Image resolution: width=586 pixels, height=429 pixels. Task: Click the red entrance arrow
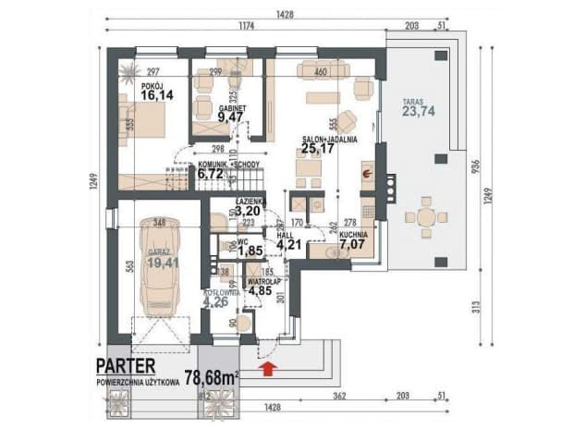[x=269, y=370]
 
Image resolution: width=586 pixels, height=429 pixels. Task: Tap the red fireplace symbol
[x=366, y=173]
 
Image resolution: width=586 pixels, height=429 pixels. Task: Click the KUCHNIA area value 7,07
[x=352, y=248]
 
